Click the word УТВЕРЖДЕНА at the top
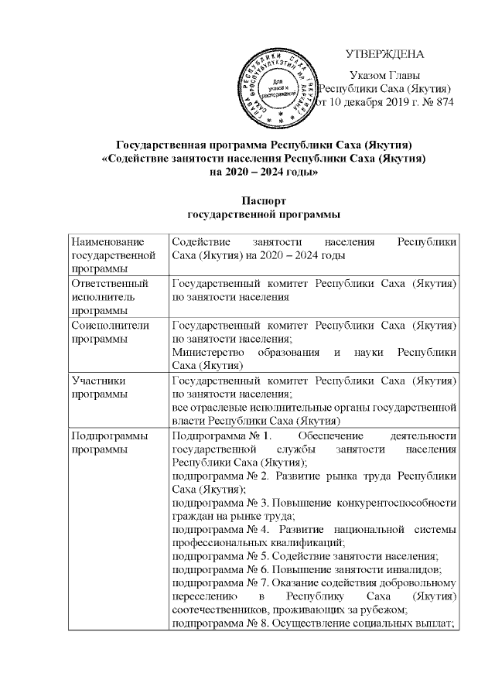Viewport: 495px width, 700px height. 384,55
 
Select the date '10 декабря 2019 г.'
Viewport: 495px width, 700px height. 371,103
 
